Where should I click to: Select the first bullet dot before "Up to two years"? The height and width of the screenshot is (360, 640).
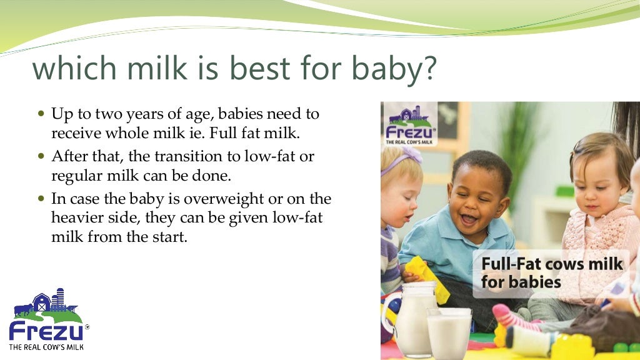pos(42,115)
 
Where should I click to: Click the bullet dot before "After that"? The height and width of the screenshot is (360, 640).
pos(42,156)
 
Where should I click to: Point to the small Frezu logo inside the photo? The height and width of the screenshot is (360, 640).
pos(411,125)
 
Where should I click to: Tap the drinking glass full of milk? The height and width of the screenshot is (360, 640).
pos(449,332)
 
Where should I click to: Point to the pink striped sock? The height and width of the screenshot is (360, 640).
pos(512,316)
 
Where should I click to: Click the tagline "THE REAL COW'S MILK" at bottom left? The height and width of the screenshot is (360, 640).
pos(46,346)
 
